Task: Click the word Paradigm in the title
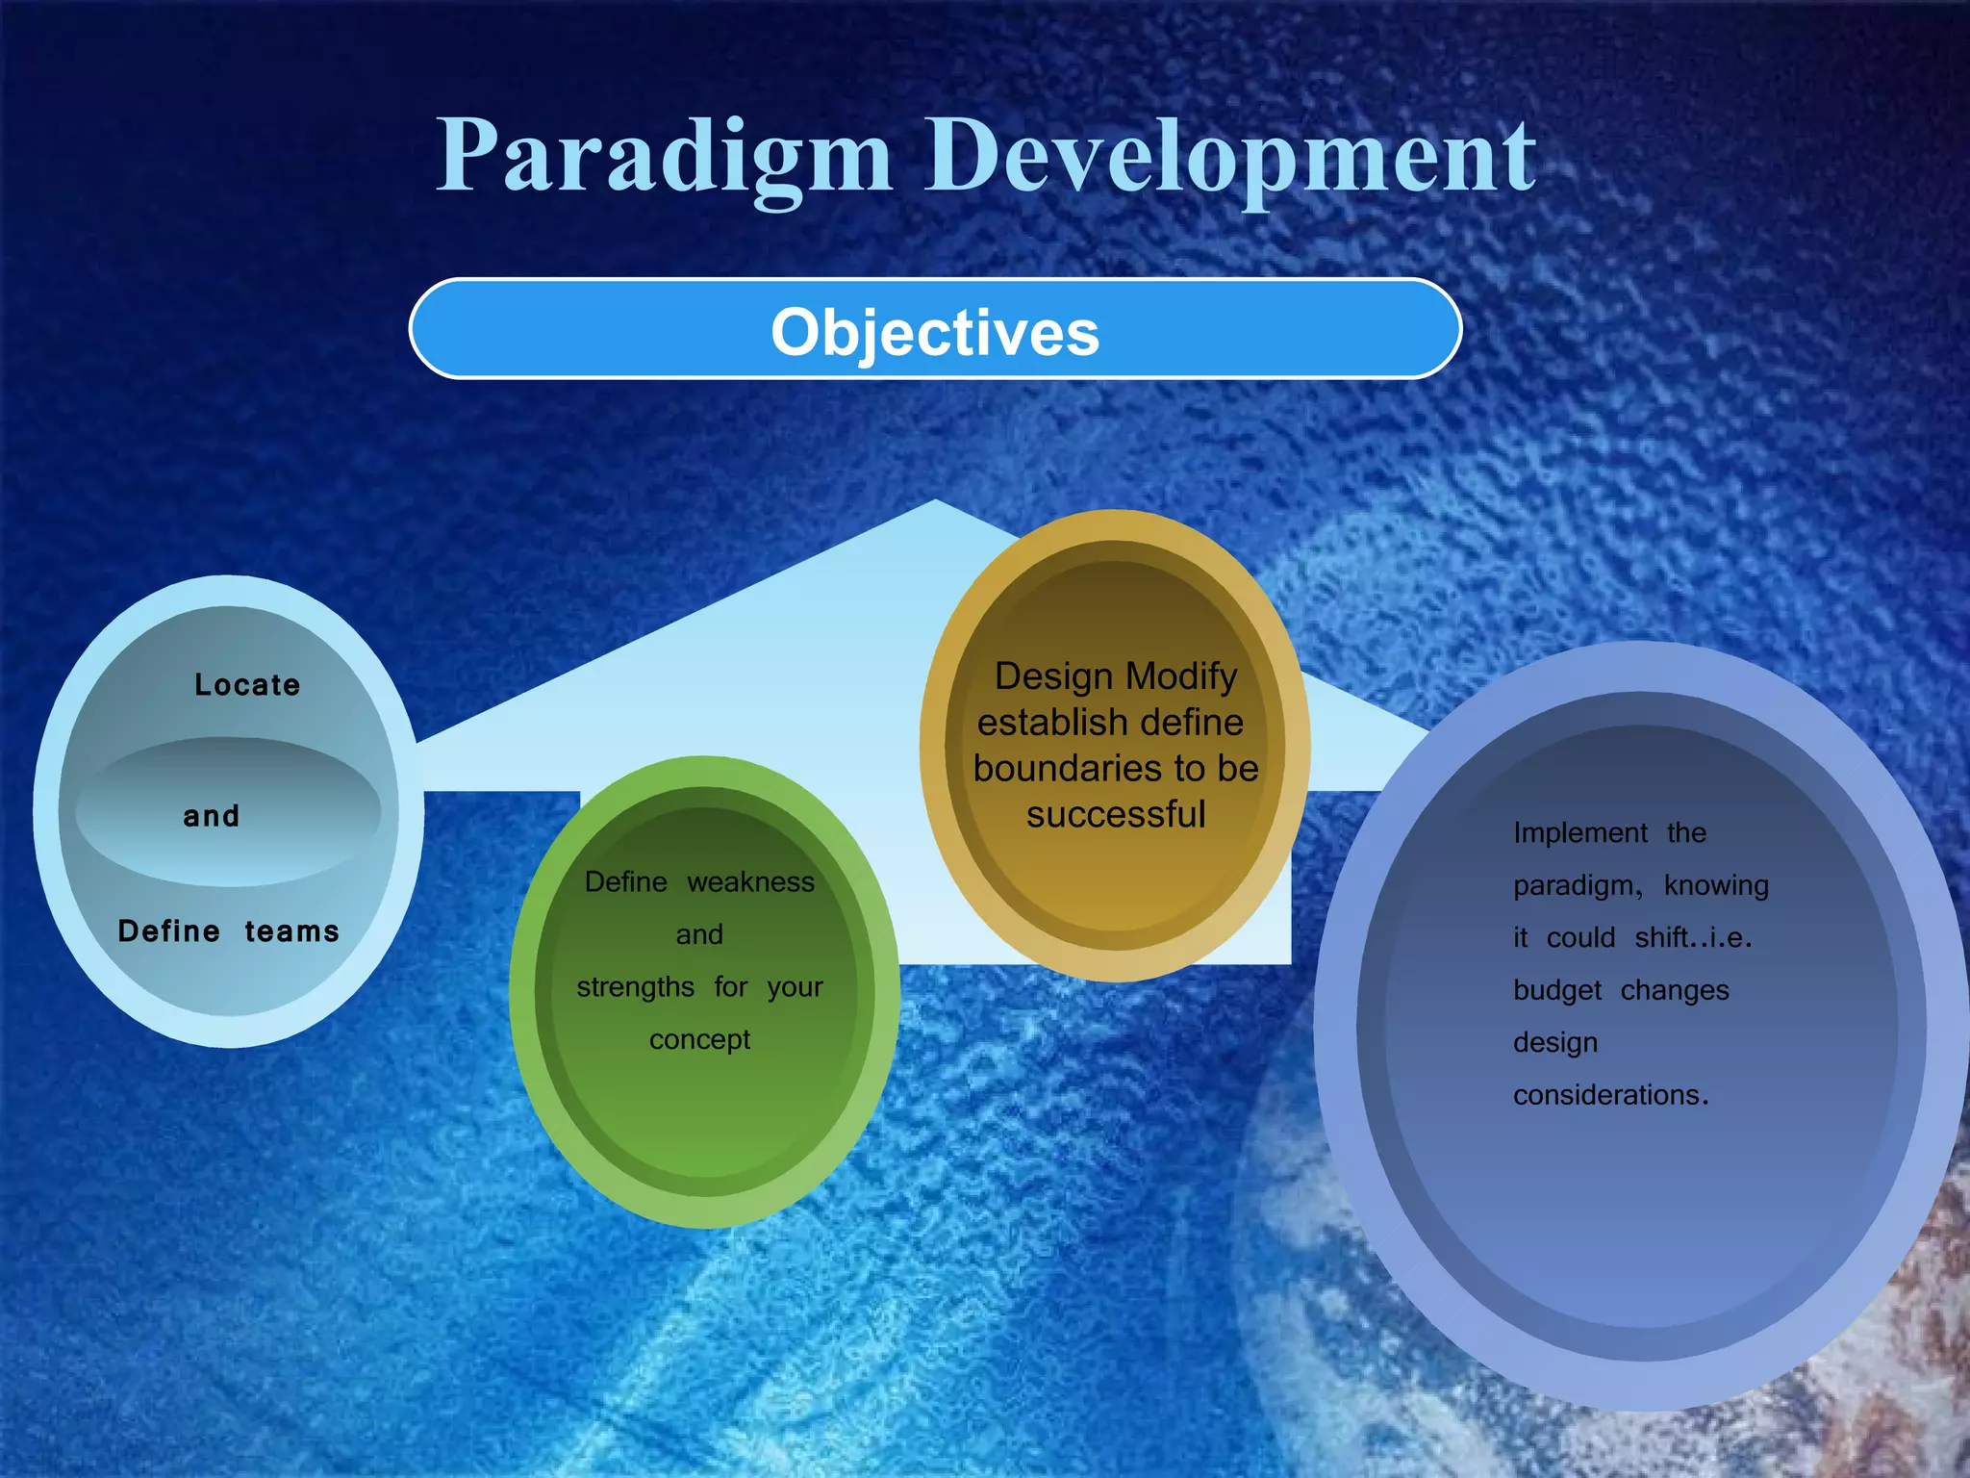(664, 156)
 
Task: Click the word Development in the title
(1230, 156)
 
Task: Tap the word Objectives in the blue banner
(934, 332)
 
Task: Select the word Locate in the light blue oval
(247, 685)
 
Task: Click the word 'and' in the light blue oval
(212, 816)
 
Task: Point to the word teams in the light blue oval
(291, 931)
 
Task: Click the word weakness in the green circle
(750, 882)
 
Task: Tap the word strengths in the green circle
(635, 987)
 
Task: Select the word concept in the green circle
(699, 1040)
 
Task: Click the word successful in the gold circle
(1115, 815)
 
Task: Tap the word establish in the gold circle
(1039, 723)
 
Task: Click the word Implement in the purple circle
(1580, 833)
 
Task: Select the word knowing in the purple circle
(1716, 885)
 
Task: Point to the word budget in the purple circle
(1557, 990)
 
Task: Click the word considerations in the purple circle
(1609, 1095)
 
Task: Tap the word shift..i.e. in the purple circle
(1693, 938)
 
